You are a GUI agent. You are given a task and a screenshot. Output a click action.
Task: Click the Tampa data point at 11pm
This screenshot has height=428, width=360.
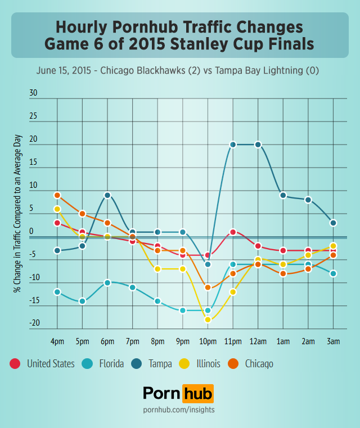pyautogui.click(x=233, y=145)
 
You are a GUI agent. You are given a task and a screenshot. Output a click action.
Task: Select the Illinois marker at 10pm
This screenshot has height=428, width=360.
pyautogui.click(x=208, y=319)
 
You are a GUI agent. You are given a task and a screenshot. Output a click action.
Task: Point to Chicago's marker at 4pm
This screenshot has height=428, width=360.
pyautogui.click(x=57, y=195)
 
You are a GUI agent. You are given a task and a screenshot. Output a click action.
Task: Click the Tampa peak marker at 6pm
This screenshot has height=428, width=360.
pyautogui.click(x=107, y=195)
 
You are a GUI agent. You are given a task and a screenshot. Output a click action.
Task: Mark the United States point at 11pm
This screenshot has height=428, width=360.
pyautogui.click(x=233, y=232)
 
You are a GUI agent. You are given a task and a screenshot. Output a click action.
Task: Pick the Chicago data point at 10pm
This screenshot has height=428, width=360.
pyautogui.click(x=208, y=287)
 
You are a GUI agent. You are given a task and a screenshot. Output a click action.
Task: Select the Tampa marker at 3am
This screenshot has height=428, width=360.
pyautogui.click(x=333, y=223)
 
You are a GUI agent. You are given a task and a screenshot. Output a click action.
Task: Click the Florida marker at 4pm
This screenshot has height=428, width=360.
pyautogui.click(x=57, y=292)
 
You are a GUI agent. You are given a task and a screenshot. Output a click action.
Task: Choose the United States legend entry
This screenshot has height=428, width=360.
pyautogui.click(x=50, y=364)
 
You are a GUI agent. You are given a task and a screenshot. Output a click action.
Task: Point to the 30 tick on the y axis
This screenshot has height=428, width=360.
pyautogui.click(x=33, y=93)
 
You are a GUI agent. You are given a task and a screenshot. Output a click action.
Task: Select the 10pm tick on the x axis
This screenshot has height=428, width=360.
pyautogui.click(x=208, y=341)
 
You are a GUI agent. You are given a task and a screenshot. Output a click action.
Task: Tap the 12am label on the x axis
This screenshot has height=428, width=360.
pyautogui.click(x=258, y=341)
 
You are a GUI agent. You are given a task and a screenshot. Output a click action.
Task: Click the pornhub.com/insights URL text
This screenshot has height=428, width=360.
pyautogui.click(x=179, y=410)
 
